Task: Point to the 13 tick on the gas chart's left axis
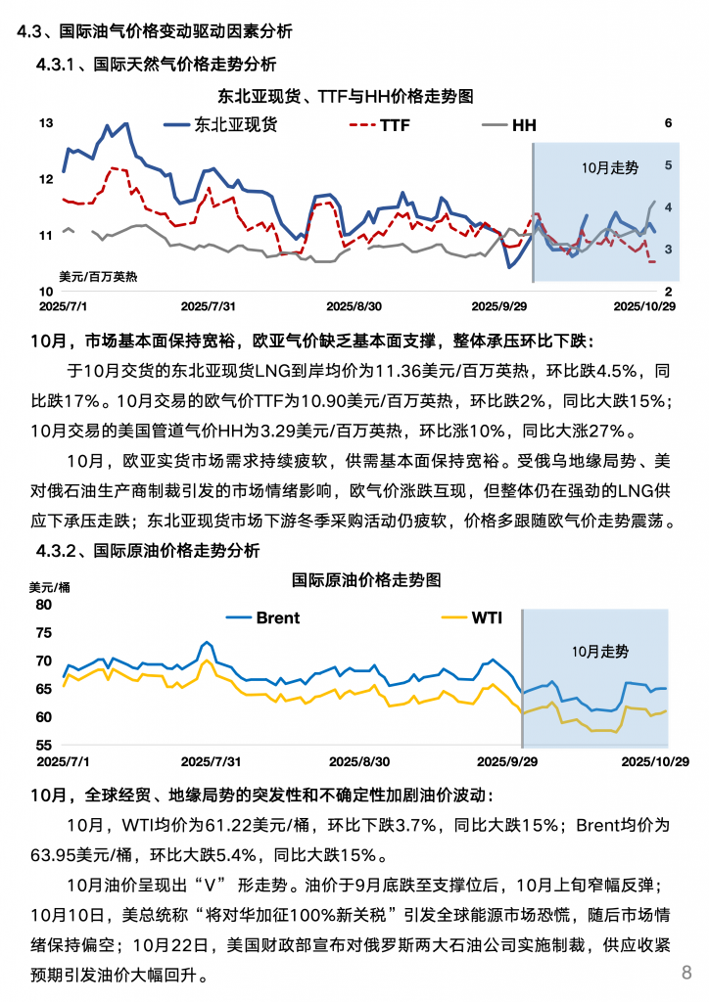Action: (45, 123)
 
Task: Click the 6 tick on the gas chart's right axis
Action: (668, 123)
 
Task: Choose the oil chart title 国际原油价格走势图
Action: (367, 579)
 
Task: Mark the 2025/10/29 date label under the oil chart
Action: (653, 760)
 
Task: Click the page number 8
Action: (686, 972)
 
